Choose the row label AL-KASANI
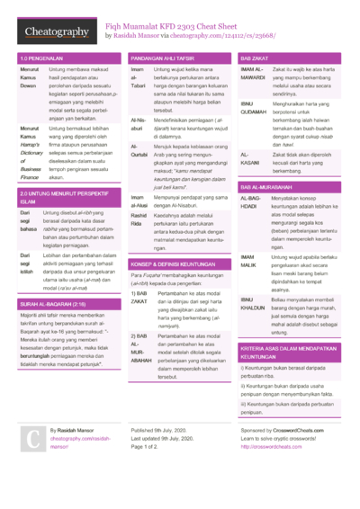click(x=251, y=158)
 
